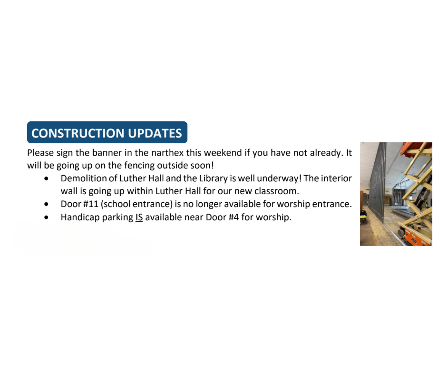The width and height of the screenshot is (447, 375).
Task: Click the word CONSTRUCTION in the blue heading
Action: click(78, 133)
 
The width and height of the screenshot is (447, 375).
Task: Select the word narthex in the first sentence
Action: click(167, 153)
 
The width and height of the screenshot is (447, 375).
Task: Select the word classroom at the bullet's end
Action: click(277, 191)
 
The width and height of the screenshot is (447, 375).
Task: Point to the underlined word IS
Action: click(139, 217)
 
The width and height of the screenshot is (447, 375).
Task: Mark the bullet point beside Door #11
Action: click(47, 204)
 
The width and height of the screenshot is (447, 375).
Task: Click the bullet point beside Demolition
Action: click(47, 178)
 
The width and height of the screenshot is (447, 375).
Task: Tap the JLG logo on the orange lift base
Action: click(414, 241)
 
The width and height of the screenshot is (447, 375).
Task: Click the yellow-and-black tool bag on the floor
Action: click(363, 217)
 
